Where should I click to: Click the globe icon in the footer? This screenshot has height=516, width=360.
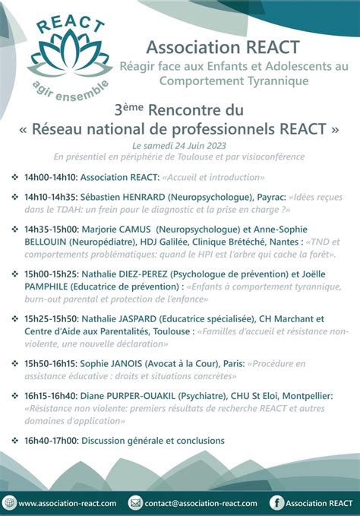click(x=9, y=502)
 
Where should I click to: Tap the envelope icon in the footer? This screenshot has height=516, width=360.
click(x=136, y=502)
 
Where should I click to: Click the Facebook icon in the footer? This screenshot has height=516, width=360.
click(x=277, y=502)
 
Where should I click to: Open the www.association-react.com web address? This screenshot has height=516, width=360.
click(x=68, y=503)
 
